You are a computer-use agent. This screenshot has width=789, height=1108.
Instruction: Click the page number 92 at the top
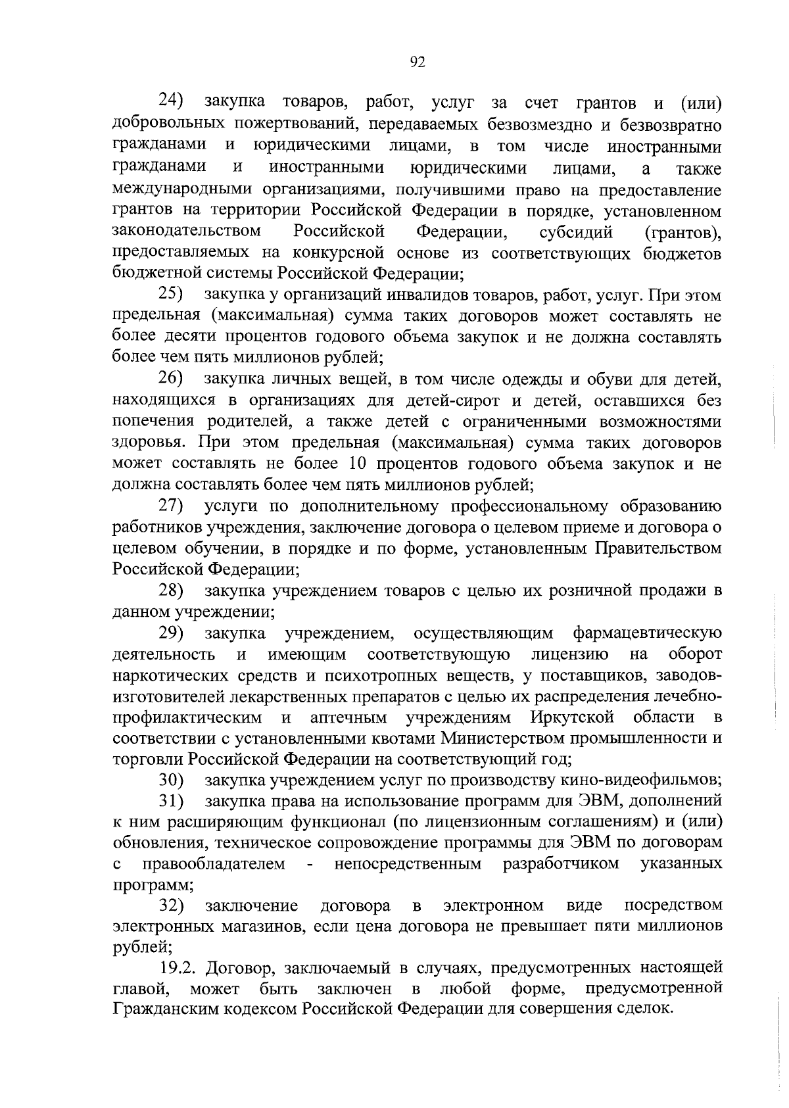(x=418, y=62)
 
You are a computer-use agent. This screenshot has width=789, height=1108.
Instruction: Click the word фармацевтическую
(x=647, y=633)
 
